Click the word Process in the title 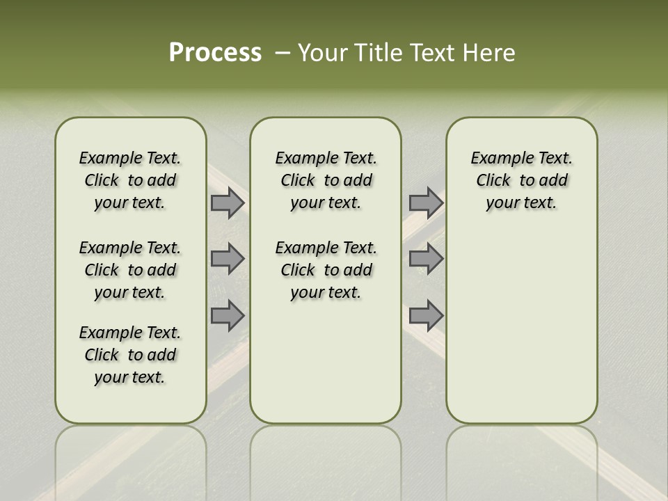(215, 53)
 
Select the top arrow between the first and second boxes (227, 202)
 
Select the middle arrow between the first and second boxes (227, 259)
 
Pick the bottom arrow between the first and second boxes (227, 316)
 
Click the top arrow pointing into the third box (426, 202)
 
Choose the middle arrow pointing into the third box (426, 259)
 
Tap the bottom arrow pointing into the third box (426, 316)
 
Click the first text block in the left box (130, 180)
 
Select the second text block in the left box (130, 270)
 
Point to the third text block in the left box (130, 355)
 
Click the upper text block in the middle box (326, 180)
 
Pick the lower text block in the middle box (326, 270)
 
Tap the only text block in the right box (521, 180)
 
